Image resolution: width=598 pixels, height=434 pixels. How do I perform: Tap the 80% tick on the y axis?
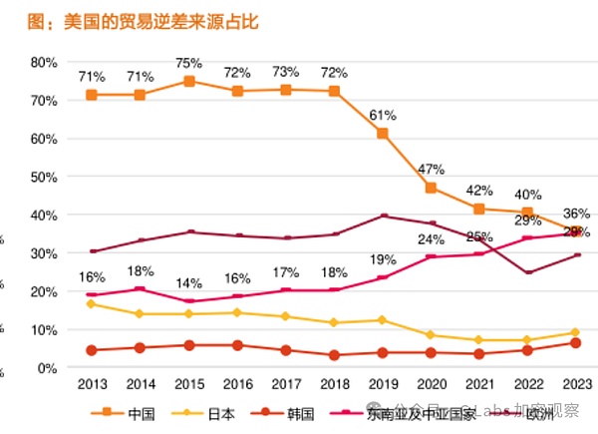tap(43, 62)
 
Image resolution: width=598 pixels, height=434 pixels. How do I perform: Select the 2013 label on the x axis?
tap(92, 385)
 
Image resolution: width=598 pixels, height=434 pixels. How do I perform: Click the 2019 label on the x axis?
tap(383, 385)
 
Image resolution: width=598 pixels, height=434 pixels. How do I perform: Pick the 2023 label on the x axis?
tap(576, 385)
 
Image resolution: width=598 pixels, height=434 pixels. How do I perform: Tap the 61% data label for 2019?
tap(383, 113)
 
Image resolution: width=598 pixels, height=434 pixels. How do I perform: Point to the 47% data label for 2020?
tap(431, 168)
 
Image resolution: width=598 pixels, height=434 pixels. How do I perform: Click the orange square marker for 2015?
tap(188, 81)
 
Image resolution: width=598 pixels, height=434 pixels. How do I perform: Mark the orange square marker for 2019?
tap(383, 134)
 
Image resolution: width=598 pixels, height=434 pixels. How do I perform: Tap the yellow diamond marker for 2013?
tap(92, 303)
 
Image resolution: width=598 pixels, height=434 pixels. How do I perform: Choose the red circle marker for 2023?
tap(576, 343)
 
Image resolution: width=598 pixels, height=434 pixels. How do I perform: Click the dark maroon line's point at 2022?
tap(528, 272)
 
